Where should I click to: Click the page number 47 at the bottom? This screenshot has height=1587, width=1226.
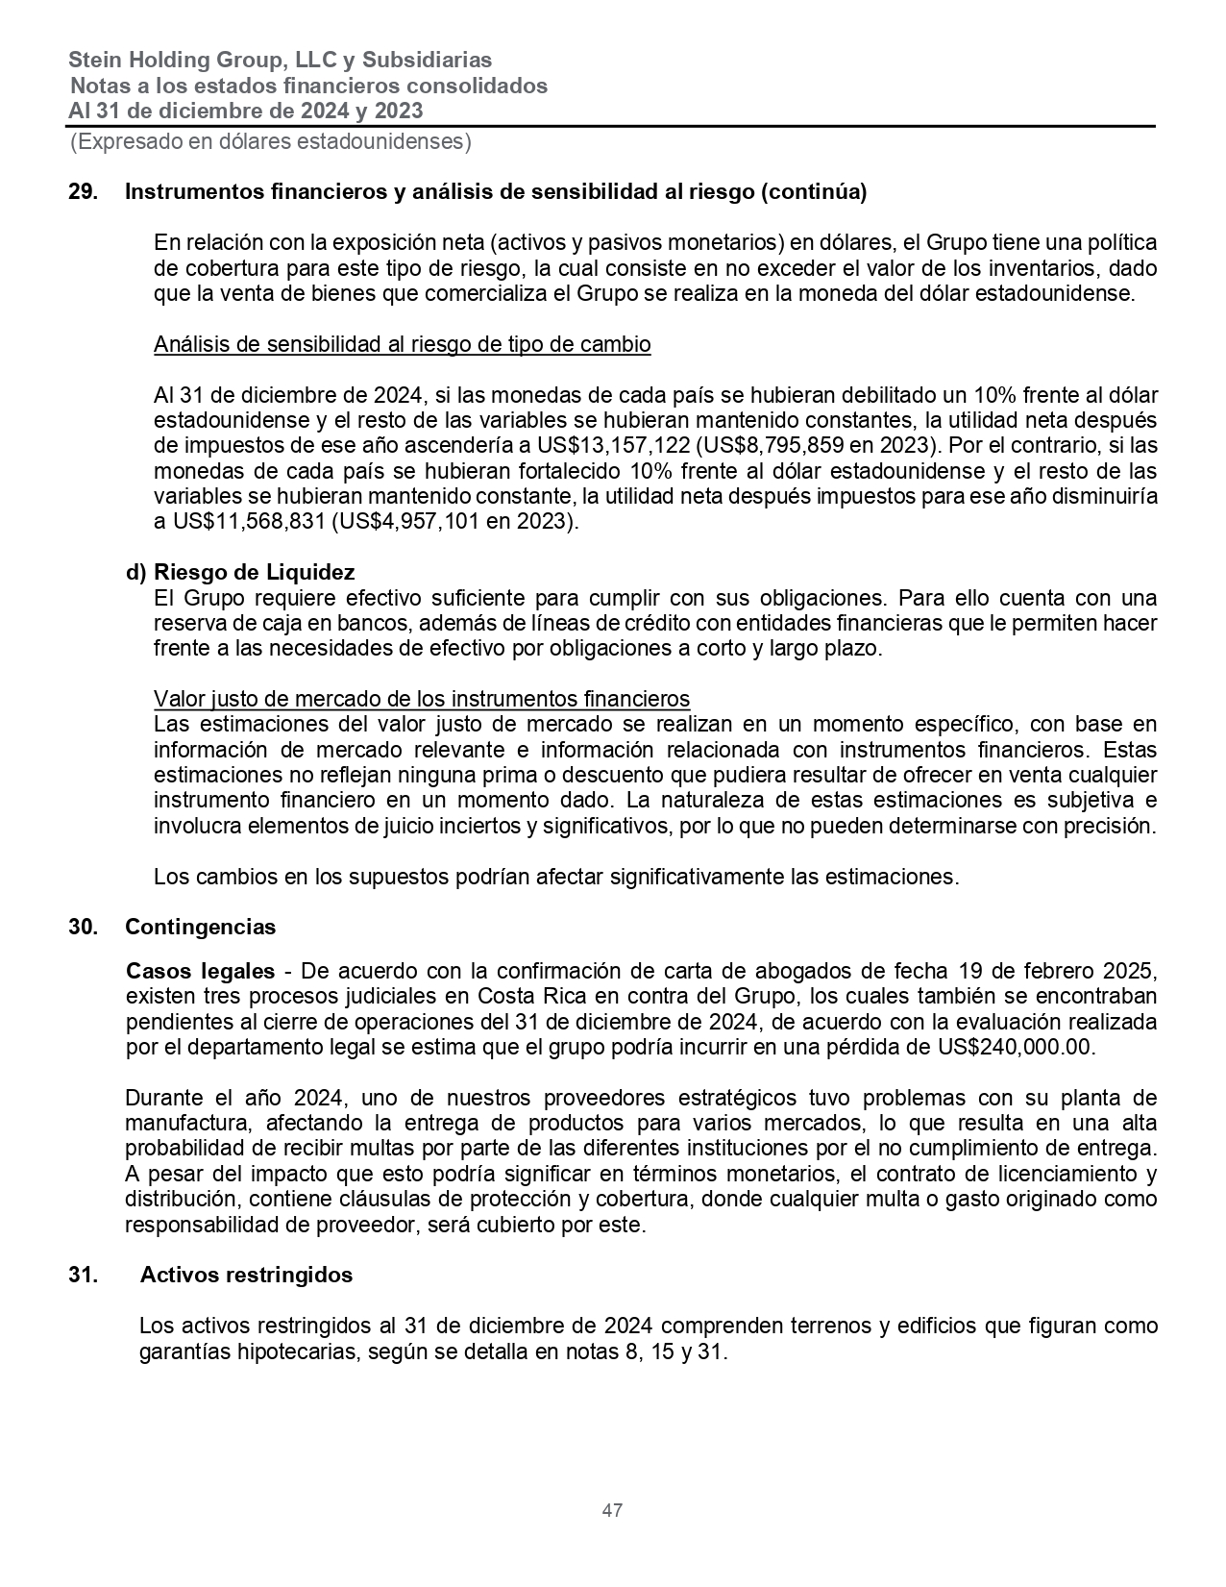(612, 1510)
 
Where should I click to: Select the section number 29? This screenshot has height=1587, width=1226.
(82, 191)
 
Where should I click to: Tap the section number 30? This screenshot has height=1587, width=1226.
(82, 927)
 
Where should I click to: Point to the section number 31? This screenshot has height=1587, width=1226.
(82, 1275)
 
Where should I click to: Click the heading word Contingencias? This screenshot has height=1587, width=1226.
(200, 927)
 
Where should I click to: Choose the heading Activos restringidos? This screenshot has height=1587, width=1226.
(246, 1275)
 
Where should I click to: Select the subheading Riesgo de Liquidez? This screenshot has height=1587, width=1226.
(254, 572)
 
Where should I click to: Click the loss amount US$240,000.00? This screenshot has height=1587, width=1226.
(1015, 1047)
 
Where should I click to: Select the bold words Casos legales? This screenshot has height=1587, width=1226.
(200, 970)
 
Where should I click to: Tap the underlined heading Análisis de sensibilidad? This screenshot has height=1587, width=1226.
(402, 344)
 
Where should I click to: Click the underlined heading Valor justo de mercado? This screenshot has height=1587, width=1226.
(421, 698)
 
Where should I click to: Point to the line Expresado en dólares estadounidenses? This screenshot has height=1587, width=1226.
(270, 142)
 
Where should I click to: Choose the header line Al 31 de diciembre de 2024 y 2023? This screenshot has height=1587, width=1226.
(245, 111)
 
